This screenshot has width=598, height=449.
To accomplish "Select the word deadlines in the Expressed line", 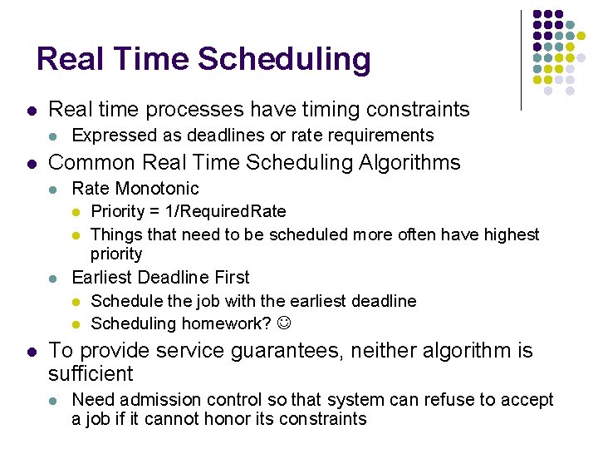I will [206, 136].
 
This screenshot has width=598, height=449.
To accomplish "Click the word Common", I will [91, 162].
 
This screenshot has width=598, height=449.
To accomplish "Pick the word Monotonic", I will [159, 189].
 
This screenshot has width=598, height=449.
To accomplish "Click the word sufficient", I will [91, 374].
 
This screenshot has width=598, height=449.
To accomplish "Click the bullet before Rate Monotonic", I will [54, 190].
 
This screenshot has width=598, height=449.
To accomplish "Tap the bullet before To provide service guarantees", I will [30, 353].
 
